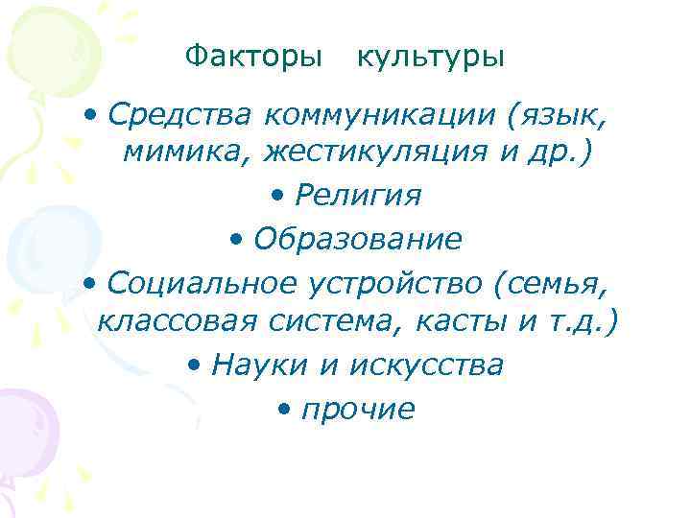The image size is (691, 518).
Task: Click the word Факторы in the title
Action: [x=253, y=57]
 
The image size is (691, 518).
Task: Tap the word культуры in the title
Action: [x=430, y=57]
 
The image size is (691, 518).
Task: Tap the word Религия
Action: [x=358, y=195]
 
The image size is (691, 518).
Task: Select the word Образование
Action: [x=357, y=238]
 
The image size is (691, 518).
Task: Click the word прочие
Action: [x=358, y=410]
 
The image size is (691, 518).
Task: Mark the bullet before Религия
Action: [x=277, y=196]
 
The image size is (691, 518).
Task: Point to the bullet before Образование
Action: [x=237, y=239]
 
